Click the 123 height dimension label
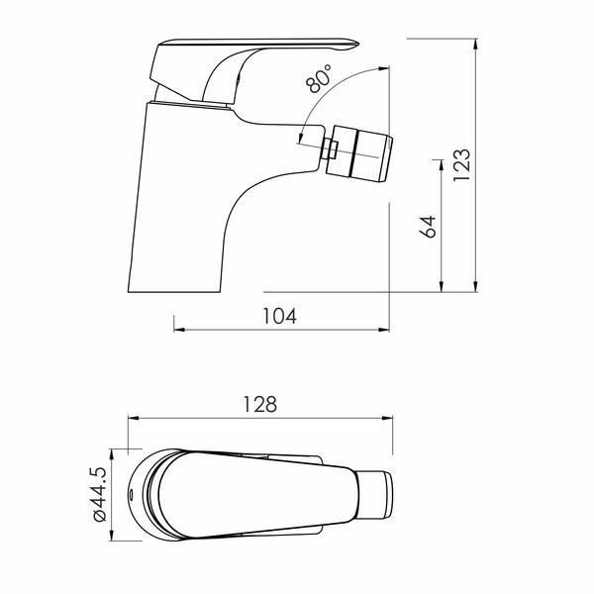[461, 164]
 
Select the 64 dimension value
[428, 227]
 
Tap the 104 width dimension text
[279, 316]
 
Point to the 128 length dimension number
[259, 404]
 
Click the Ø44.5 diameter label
[99, 494]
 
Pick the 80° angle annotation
[318, 79]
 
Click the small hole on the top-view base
[131, 495]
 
